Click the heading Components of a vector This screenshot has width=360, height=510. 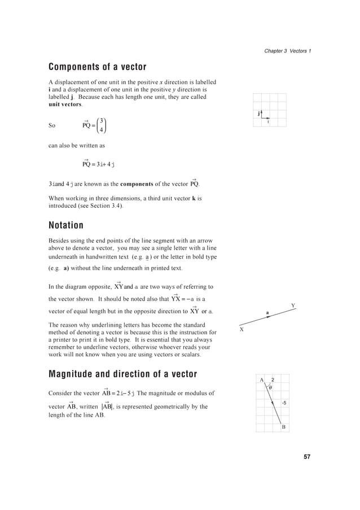tap(98, 68)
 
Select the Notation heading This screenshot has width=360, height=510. tap(66, 225)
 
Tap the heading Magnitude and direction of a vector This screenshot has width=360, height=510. tap(123, 374)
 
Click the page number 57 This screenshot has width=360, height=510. tap(306, 456)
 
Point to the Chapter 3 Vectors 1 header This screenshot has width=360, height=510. tap(288, 51)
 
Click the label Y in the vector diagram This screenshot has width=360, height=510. tap(293, 306)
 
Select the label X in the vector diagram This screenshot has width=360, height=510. tap(242, 329)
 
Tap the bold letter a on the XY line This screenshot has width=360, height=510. tap(267, 312)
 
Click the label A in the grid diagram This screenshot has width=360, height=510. tap(262, 380)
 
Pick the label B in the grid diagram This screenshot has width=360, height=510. tap(284, 428)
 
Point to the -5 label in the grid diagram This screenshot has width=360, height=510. tap(284, 403)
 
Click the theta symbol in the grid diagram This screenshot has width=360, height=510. tap(271, 387)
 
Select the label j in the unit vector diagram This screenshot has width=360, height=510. tap(258, 114)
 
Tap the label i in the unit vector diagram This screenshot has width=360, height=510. tap(267, 121)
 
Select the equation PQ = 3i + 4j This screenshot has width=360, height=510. tap(99, 164)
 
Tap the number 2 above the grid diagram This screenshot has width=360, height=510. tap(273, 380)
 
